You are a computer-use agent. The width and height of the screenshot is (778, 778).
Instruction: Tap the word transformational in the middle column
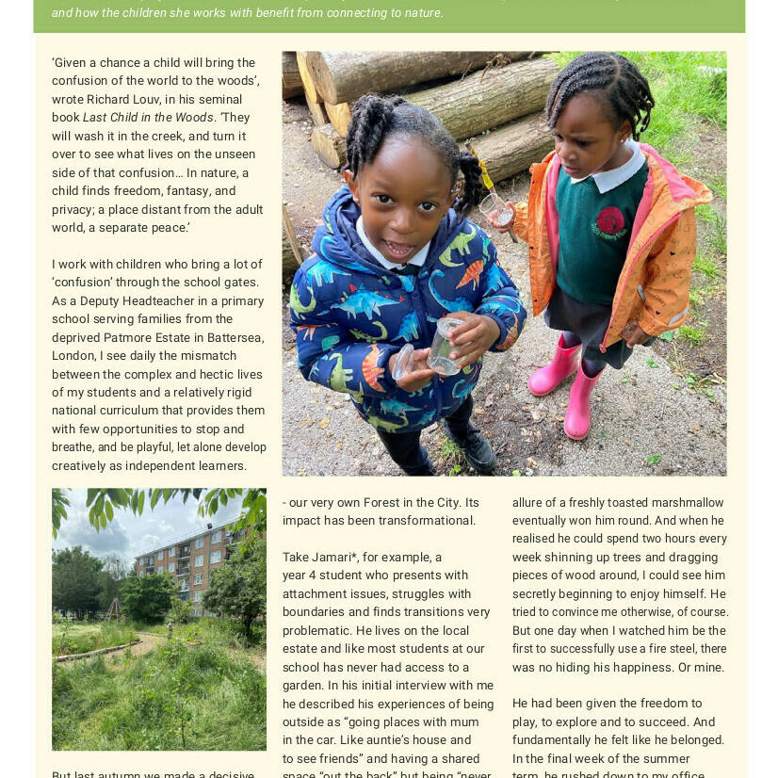(429, 521)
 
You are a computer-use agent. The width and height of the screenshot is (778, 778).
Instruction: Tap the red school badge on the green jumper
(609, 222)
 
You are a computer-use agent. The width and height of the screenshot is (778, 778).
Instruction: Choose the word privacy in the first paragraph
(75, 210)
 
